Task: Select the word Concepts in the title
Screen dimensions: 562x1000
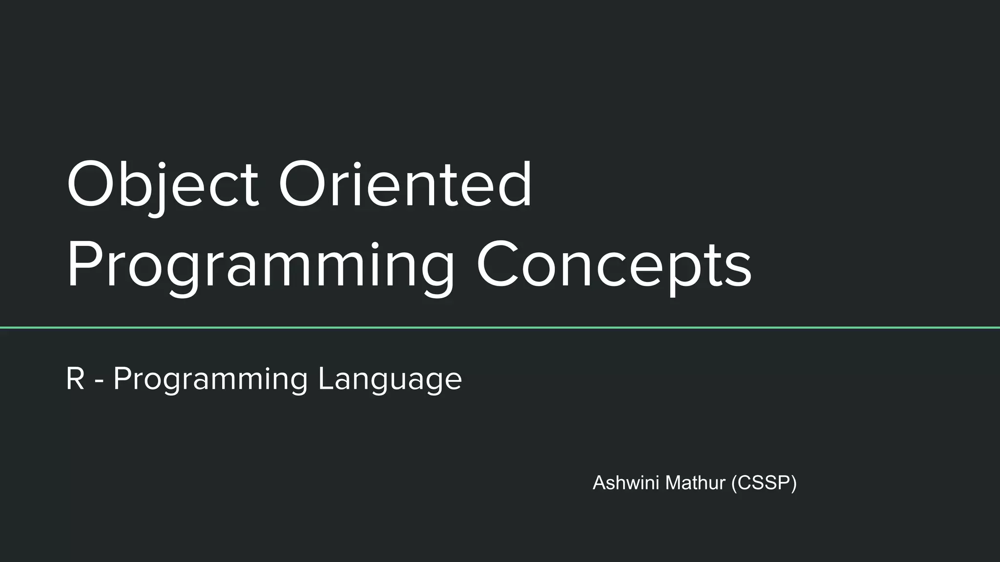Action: point(614,266)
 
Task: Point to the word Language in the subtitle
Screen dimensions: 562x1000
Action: point(390,379)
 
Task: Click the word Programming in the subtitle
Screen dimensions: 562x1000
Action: point(210,379)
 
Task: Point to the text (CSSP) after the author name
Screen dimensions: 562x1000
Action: point(764,483)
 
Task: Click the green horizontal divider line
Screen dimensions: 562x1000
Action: point(500,328)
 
